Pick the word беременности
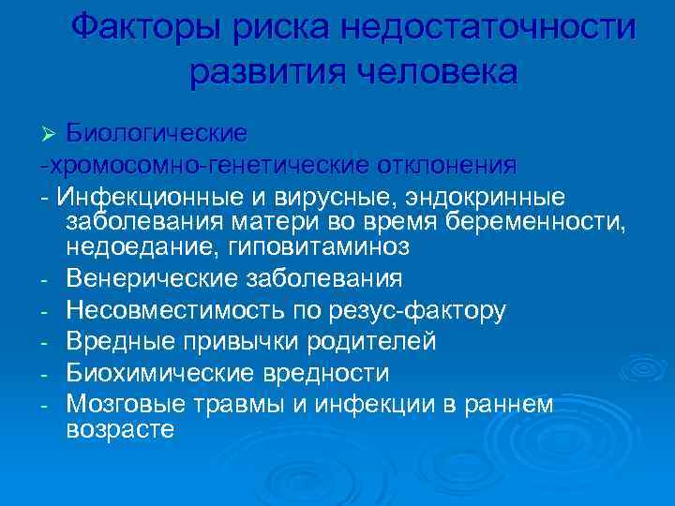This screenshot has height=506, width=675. click(x=533, y=221)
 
